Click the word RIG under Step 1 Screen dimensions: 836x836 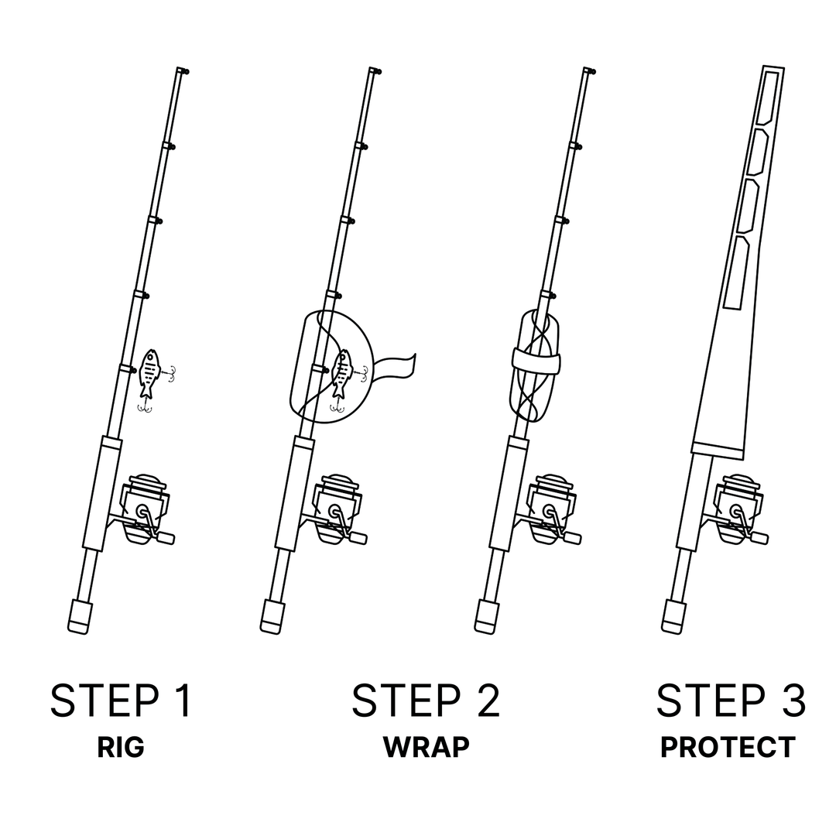point(121,748)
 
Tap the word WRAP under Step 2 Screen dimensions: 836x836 point(426,748)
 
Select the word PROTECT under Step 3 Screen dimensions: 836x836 point(728,748)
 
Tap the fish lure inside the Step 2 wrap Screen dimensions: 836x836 point(341,375)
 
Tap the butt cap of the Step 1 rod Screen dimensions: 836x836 point(79,617)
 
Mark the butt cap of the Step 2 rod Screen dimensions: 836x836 point(271,617)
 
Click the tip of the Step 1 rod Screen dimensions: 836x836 point(182,70)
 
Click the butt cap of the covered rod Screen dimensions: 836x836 point(674,617)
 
